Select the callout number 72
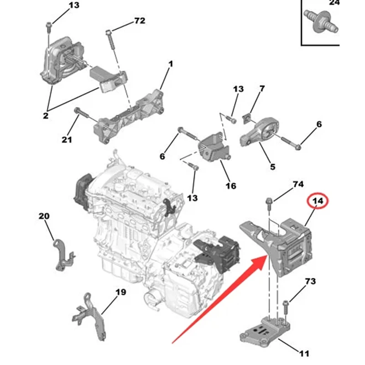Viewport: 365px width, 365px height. [139, 21]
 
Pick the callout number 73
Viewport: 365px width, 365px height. [310, 282]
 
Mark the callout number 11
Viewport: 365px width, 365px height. [304, 353]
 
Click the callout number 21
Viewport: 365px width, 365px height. [67, 140]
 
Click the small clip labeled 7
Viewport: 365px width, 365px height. [247, 118]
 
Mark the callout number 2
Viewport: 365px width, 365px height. [46, 116]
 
